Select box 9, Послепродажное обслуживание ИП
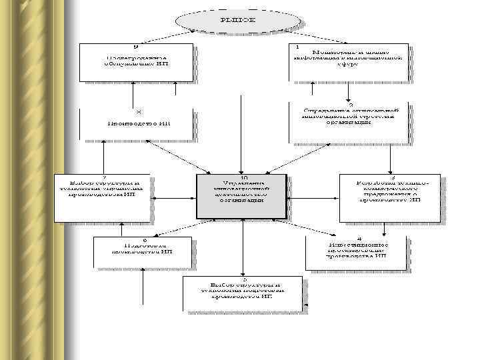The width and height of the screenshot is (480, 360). point(137,62)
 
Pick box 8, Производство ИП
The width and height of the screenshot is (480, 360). point(137,123)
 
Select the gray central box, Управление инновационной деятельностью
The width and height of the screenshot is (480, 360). point(241,196)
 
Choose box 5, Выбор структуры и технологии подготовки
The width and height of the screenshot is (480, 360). point(245,294)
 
